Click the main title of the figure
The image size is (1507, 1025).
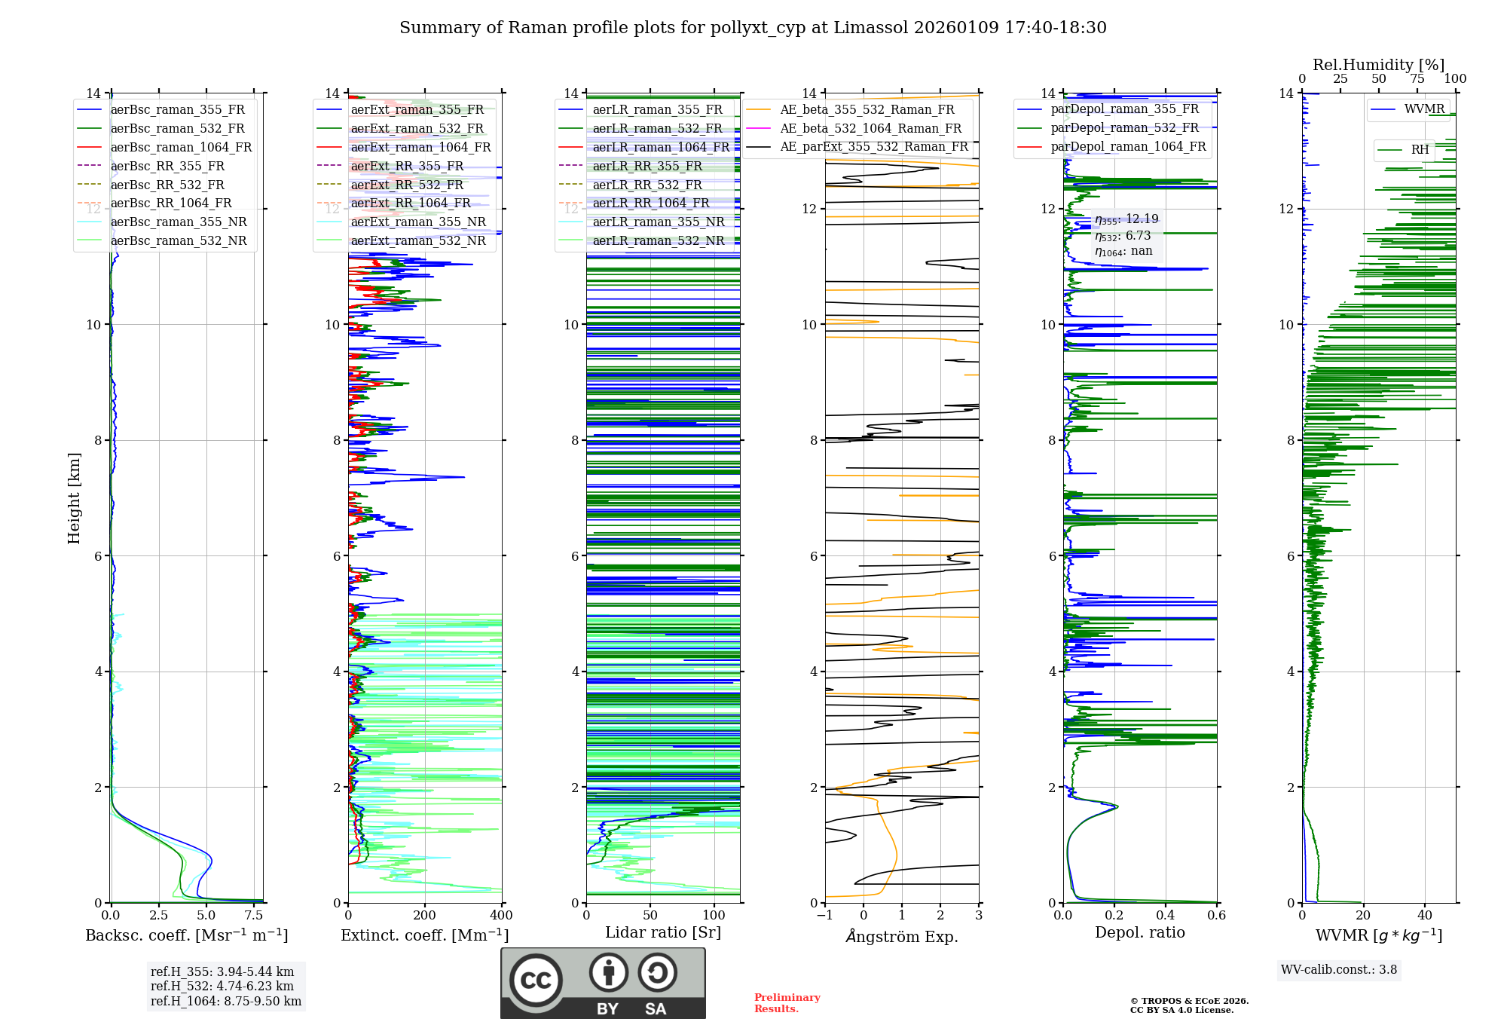point(753,28)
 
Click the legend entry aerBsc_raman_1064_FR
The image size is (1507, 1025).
point(181,147)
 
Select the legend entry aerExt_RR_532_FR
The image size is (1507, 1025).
point(407,185)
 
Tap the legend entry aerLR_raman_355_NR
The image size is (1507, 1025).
point(658,222)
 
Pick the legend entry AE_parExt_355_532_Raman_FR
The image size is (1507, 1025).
point(873,146)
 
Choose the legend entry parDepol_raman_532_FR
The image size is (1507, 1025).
point(1124,127)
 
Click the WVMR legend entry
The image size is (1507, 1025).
point(1424,109)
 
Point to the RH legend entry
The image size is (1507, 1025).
point(1420,150)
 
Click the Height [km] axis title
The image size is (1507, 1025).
point(74,497)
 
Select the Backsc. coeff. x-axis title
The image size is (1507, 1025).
point(186,935)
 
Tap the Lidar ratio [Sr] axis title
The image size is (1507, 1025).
point(662,932)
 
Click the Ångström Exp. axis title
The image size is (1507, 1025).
point(902,937)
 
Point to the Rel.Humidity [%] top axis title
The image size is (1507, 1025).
point(1378,65)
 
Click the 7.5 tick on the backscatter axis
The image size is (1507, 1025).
point(254,916)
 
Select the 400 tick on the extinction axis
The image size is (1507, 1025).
point(501,916)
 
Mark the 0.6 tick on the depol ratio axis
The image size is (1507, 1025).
point(1216,916)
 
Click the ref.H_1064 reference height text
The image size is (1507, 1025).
point(226,1002)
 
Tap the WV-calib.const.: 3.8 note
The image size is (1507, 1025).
point(1338,970)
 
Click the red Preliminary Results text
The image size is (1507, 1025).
point(787,1003)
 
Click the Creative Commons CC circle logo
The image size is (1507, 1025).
point(536,981)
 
